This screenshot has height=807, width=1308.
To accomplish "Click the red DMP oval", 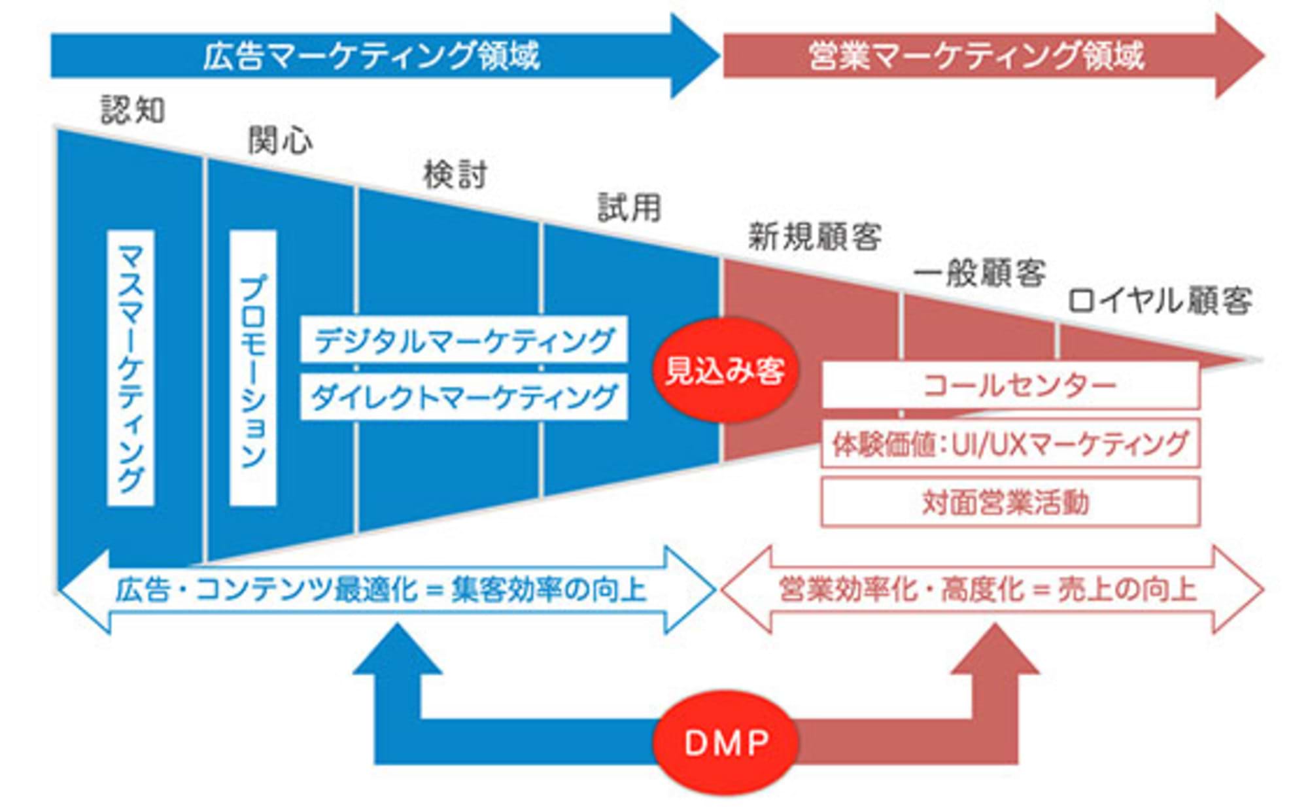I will (x=725, y=742).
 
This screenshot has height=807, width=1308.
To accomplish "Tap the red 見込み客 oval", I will (x=725, y=371).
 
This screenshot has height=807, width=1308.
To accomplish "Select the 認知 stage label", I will (x=133, y=110).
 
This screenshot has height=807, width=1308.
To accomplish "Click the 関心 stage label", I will (x=280, y=141).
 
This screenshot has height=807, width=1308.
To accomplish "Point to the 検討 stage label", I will (x=455, y=175).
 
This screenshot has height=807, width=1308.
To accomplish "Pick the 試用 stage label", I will (x=629, y=208).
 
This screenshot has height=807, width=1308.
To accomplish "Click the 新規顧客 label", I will (x=814, y=237).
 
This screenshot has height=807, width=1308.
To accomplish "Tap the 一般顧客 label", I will (x=979, y=272).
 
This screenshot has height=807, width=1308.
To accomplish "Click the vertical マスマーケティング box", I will (x=131, y=368).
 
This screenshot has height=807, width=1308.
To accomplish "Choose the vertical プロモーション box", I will (x=253, y=368).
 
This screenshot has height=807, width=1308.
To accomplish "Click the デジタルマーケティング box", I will (x=464, y=339).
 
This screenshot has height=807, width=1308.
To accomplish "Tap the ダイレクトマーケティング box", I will (x=464, y=396).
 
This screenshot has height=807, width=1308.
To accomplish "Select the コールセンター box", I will (x=1010, y=385).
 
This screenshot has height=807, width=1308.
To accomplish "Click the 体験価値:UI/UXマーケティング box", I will (x=1010, y=443).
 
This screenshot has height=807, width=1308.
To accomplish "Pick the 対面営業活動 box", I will (x=1010, y=502).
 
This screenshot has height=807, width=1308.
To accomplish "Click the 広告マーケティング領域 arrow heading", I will (x=371, y=56).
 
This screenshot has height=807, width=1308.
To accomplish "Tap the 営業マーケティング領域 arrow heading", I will (x=976, y=56).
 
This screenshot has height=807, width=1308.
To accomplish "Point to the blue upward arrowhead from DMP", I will (x=397, y=651).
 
